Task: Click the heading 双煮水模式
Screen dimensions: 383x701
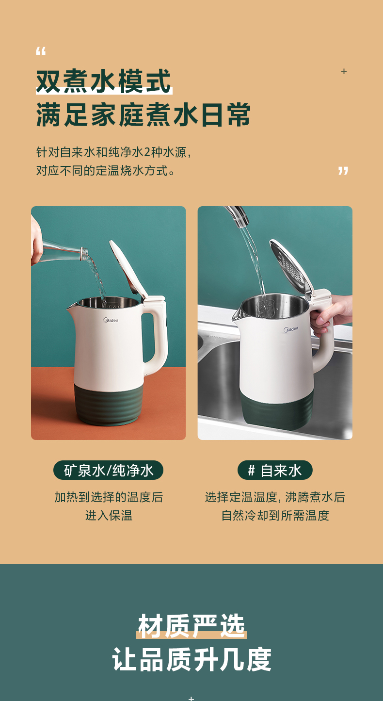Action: click(x=104, y=81)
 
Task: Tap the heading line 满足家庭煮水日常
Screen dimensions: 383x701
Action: click(x=144, y=114)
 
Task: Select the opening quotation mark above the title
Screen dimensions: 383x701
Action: click(x=41, y=51)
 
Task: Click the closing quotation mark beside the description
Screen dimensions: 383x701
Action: click(x=343, y=171)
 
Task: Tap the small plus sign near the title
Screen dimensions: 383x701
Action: click(x=344, y=71)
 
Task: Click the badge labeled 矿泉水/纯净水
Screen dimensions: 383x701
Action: click(x=108, y=470)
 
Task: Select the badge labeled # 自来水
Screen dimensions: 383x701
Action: click(x=275, y=470)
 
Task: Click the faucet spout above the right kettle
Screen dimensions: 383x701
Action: click(x=237, y=215)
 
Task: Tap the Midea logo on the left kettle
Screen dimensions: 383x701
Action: click(x=111, y=320)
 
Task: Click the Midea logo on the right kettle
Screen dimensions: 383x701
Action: click(x=291, y=329)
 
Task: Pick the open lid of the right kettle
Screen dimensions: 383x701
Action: click(x=291, y=266)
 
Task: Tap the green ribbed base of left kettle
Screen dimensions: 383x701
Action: click(x=109, y=404)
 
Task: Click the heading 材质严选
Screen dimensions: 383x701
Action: click(x=191, y=626)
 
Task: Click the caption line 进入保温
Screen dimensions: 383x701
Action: click(x=109, y=515)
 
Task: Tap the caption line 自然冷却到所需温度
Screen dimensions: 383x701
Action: click(x=275, y=515)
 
